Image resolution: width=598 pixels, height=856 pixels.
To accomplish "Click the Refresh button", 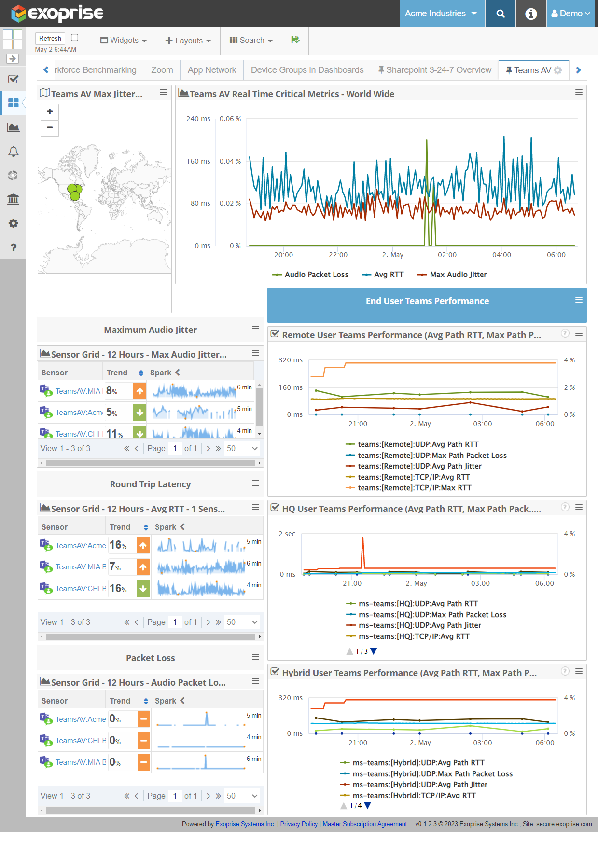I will [50, 38].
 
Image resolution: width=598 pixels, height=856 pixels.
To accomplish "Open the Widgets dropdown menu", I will [124, 41].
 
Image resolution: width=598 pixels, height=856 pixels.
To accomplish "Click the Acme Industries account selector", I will [441, 14].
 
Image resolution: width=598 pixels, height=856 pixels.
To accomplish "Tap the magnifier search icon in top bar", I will [501, 14].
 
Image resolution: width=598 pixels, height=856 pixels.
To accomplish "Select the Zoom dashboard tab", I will [162, 70].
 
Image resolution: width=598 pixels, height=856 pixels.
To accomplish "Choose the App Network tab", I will [212, 70].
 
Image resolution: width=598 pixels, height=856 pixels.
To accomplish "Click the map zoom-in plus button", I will [50, 112].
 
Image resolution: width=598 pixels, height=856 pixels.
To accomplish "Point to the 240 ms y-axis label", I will [198, 119].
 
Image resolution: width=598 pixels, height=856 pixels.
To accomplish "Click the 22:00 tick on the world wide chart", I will [338, 255].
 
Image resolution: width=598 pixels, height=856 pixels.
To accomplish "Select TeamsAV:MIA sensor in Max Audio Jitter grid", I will [78, 391].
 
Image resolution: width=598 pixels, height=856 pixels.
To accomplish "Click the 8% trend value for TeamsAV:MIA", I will [112, 391].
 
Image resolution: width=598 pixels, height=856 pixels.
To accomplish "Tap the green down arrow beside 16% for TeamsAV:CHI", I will [143, 589].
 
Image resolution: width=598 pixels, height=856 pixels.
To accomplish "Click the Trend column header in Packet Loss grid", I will [120, 701].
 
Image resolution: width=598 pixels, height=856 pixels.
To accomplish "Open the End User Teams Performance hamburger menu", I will [579, 300].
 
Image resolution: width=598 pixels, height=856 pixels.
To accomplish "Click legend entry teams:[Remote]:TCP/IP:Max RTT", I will [414, 488].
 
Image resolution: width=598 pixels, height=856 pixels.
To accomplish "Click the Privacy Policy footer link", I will [299, 824].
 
